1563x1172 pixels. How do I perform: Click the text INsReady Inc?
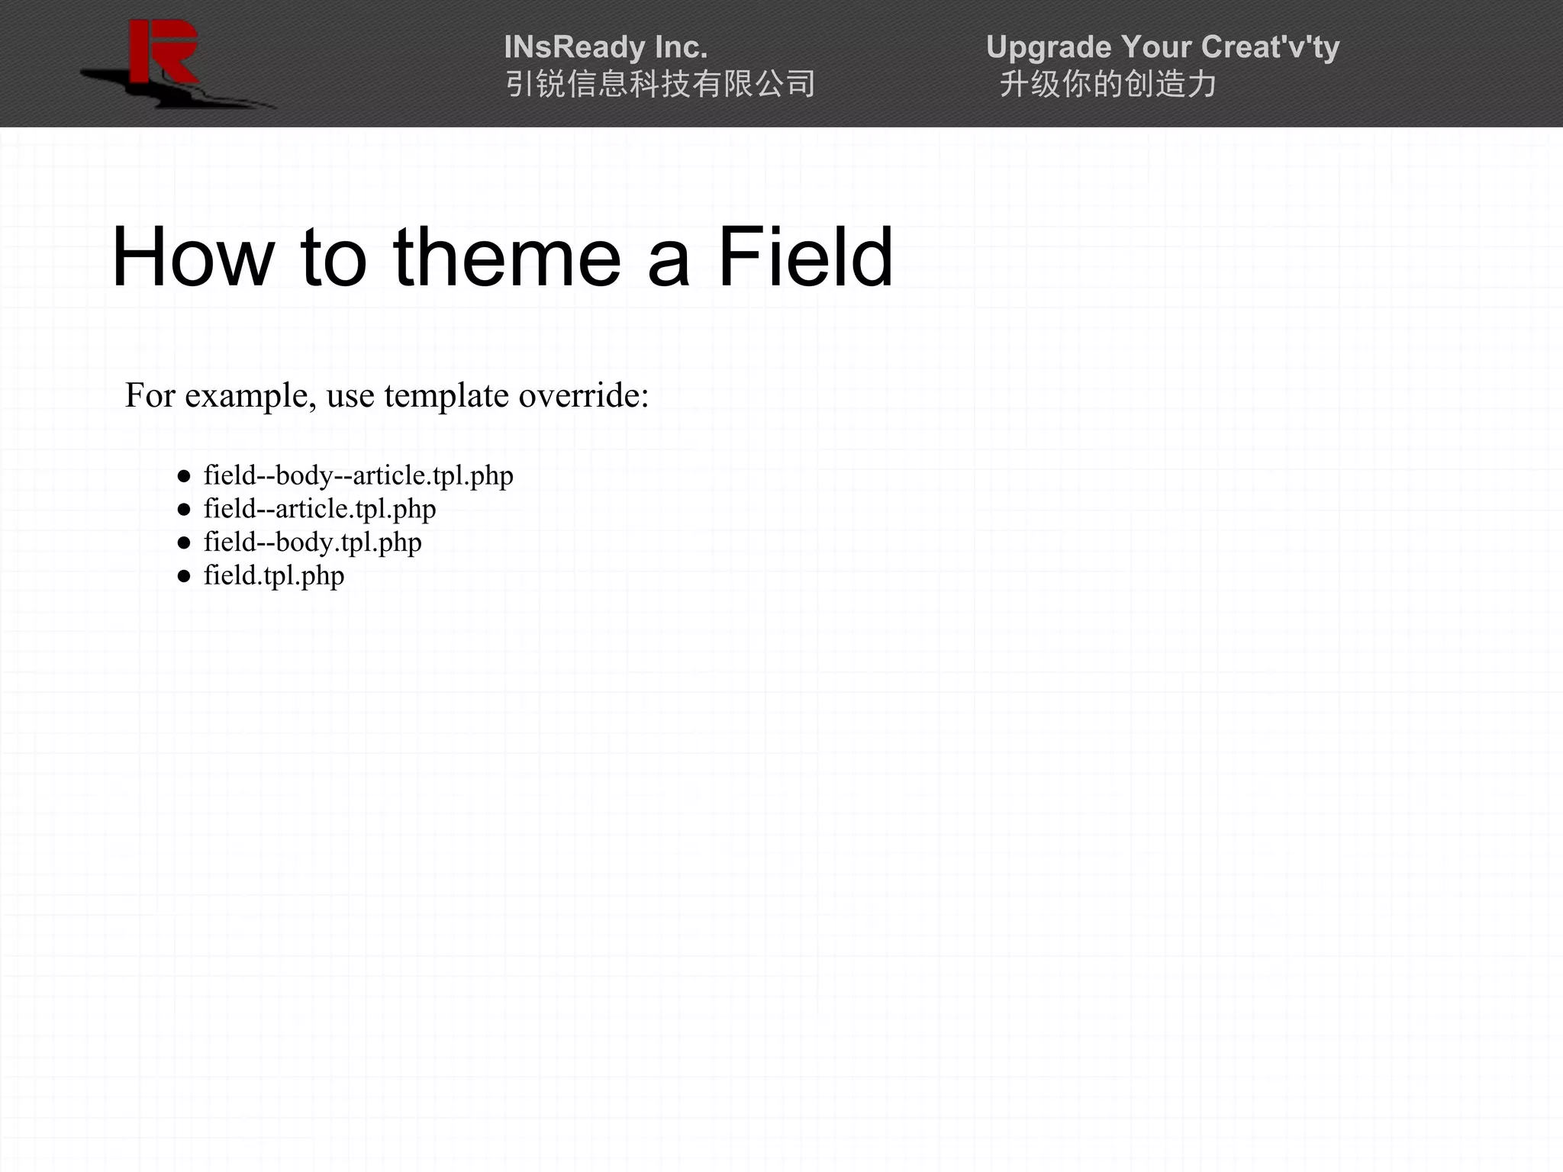(605, 47)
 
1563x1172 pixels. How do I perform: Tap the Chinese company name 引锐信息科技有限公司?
(660, 84)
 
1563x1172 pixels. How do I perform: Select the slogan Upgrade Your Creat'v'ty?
(1162, 47)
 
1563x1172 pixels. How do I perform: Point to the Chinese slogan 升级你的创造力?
(1107, 84)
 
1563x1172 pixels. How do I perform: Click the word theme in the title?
(507, 257)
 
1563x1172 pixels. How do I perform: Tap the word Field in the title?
(805, 257)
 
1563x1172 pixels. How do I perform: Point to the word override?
(583, 395)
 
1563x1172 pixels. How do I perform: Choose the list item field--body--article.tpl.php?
(358, 475)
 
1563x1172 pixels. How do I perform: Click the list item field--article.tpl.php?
(319, 509)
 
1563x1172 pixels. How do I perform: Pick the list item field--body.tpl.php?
(312, 543)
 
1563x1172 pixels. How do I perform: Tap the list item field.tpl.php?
(273, 576)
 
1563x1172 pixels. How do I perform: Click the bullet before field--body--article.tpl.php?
(183, 477)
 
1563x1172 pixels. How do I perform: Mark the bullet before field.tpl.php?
(183, 577)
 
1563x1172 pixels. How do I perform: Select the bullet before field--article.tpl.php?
(183, 510)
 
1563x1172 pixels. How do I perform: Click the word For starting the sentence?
(150, 395)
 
